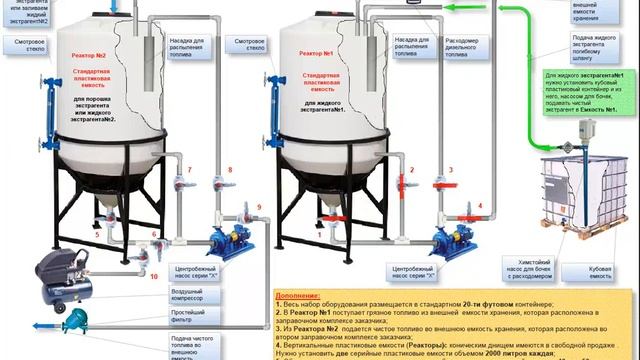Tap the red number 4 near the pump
479,206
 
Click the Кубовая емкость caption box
600,269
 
